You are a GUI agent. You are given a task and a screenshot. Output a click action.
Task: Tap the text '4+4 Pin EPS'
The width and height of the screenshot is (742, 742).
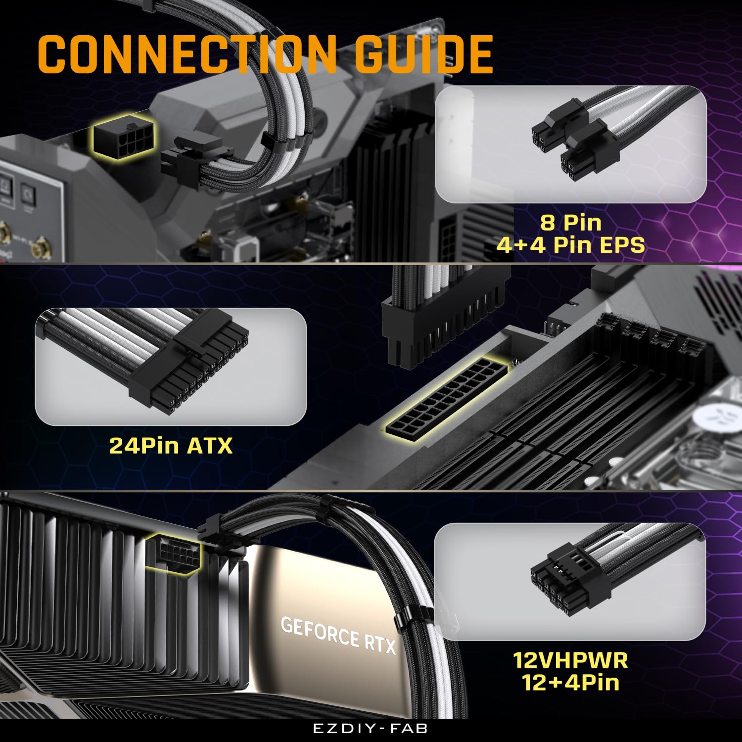point(570,245)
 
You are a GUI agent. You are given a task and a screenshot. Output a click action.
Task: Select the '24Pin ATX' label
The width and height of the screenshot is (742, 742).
point(171,446)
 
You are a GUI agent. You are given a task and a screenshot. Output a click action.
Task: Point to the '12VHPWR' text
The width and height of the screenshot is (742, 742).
point(570,660)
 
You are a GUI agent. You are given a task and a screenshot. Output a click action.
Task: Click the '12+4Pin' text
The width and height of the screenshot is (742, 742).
point(570,683)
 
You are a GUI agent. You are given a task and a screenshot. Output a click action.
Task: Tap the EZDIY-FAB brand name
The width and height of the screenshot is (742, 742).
point(371,729)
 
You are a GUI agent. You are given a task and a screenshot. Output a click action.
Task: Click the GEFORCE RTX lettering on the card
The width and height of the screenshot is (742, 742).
point(338,635)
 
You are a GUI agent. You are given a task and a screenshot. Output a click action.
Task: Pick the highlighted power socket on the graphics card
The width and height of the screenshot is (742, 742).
point(173,553)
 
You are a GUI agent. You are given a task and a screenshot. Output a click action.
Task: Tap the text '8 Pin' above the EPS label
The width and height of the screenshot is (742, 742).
point(570,222)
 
